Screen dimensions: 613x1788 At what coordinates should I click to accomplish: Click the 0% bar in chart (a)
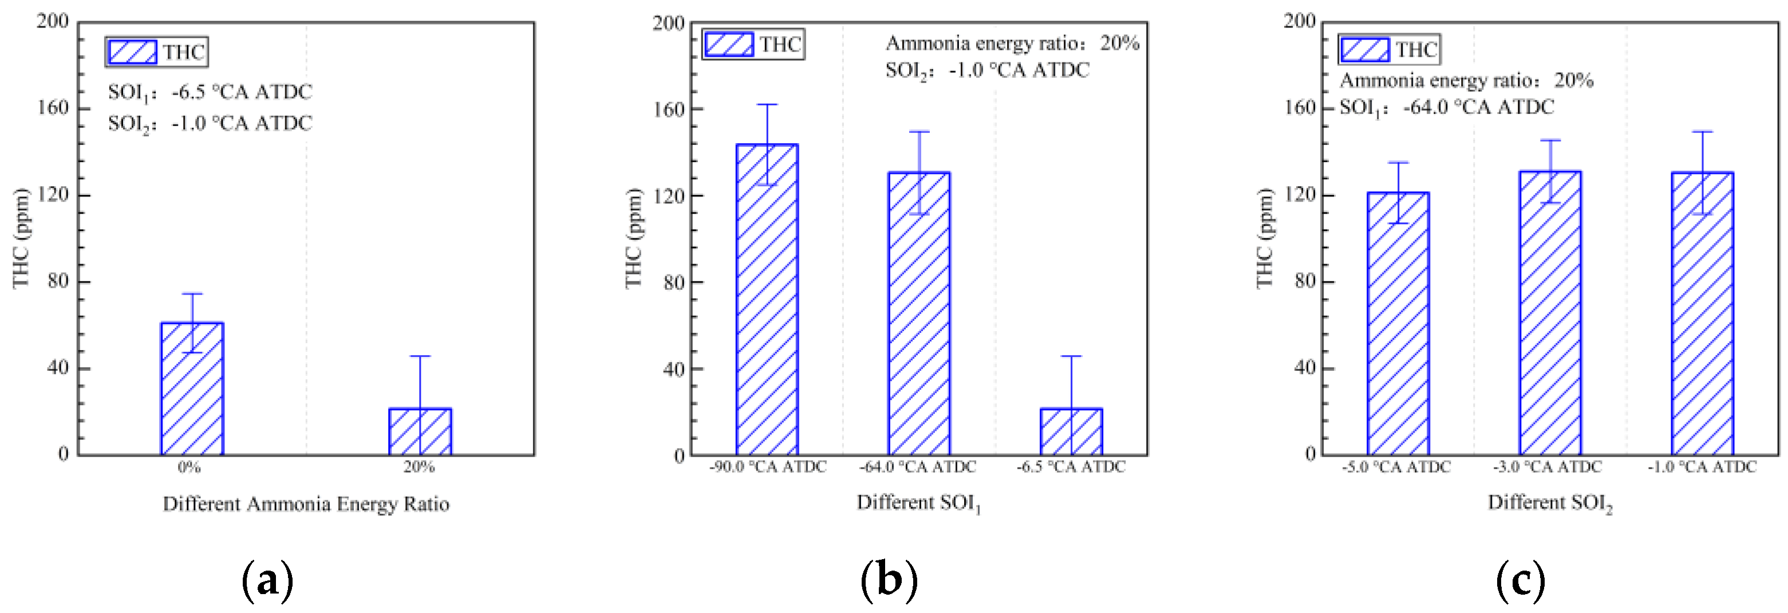(x=192, y=389)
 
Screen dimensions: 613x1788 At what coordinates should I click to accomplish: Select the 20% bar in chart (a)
(x=419, y=432)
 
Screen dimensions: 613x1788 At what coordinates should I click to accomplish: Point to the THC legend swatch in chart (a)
(x=132, y=52)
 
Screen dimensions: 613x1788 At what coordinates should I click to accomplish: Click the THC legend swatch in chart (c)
(x=1364, y=50)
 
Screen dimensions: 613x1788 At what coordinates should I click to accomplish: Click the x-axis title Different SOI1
(x=918, y=502)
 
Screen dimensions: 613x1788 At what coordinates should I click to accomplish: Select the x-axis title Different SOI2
(x=1549, y=502)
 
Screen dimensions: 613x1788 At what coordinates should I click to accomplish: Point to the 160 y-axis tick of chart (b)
(x=669, y=109)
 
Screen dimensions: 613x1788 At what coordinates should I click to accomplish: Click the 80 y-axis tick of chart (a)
(x=58, y=281)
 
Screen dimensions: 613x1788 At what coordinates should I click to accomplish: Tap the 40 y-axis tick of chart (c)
(x=1304, y=368)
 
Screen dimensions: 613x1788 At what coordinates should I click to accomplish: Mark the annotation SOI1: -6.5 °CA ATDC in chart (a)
(x=210, y=92)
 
